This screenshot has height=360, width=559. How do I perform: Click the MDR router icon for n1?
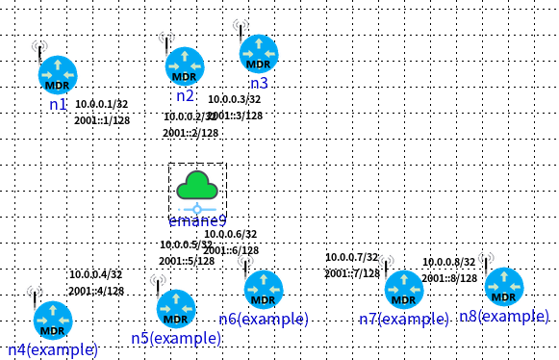57,74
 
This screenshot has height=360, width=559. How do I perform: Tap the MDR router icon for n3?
258,54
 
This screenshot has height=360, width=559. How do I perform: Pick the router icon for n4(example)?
53,321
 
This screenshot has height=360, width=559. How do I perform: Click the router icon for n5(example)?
175,309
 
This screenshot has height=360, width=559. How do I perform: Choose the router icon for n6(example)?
263,290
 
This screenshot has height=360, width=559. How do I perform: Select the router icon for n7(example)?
404,290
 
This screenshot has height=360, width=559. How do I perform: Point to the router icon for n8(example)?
503,287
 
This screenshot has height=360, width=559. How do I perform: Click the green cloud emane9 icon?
197,186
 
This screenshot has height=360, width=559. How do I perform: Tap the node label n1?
58,103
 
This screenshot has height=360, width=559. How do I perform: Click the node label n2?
186,95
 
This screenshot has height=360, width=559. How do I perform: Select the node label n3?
258,84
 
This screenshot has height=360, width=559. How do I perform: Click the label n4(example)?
53,349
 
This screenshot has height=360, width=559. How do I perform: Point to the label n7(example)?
404,319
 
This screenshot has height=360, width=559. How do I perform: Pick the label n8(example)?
504,316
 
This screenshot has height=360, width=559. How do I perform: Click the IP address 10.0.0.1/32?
101,104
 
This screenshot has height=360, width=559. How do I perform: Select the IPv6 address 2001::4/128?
96,291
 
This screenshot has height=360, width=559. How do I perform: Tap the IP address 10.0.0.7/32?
351,257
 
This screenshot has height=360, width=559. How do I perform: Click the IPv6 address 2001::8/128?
449,278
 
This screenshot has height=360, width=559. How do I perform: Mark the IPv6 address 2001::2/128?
190,134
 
